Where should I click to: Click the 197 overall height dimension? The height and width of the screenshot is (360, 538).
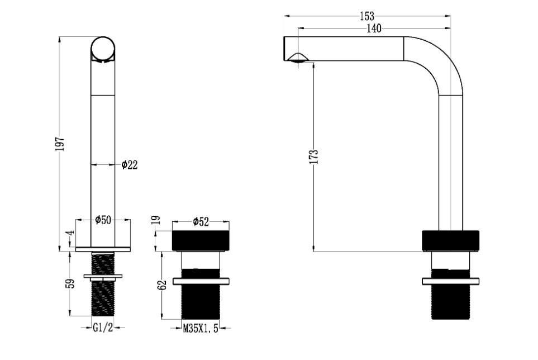coord(60,144)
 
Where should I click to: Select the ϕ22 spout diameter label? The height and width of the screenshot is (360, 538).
coord(130,165)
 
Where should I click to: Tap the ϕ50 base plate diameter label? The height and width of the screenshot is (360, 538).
coord(103,220)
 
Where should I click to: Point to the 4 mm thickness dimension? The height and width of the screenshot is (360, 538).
coord(71,233)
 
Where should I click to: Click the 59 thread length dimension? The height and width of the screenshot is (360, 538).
coord(71,283)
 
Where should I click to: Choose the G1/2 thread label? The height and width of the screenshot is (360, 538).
coord(103,328)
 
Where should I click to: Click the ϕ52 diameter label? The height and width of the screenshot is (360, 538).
coord(201,222)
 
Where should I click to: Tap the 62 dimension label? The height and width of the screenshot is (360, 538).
coord(163,285)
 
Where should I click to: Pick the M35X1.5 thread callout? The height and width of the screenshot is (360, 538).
coord(201,329)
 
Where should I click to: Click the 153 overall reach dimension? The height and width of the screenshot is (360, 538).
coord(367,16)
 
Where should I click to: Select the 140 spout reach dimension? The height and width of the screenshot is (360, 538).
coord(374,29)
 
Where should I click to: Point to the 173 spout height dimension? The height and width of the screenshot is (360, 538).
coord(315,157)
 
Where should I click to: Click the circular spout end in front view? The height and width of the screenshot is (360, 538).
coord(103,49)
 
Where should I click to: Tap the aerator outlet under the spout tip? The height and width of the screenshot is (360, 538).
coord(297,58)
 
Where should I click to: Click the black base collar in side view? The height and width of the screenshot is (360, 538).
coord(450,240)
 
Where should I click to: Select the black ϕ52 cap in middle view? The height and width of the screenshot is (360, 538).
coord(201,240)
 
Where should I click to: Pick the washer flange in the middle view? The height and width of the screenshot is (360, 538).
coord(201,281)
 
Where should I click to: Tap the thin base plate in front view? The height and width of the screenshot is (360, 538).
coord(103,249)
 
